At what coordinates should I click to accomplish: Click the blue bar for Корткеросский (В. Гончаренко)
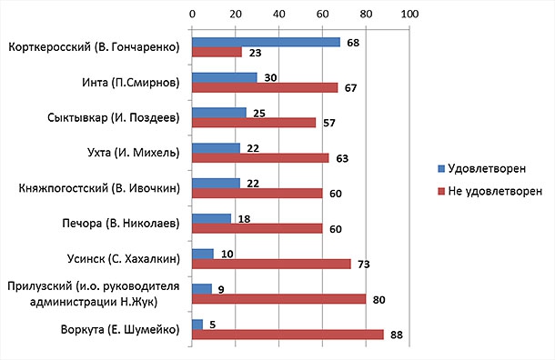click(267, 42)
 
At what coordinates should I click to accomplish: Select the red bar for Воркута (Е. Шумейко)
click(288, 335)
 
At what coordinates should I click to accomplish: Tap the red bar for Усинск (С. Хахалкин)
click(271, 264)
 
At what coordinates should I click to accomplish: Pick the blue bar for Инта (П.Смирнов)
click(225, 77)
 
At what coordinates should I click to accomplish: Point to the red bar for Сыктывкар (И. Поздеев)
click(254, 123)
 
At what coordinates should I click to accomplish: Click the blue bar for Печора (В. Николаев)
click(212, 218)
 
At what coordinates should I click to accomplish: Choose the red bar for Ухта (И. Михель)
click(260, 157)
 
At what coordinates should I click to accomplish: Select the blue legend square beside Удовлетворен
click(441, 169)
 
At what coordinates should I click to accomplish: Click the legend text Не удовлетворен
click(495, 191)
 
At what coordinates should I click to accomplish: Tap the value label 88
click(397, 335)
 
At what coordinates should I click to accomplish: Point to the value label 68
click(353, 43)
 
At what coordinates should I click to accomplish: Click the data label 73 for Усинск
click(364, 265)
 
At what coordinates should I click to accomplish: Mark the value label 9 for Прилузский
click(221, 290)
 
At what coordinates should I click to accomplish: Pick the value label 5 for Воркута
click(212, 325)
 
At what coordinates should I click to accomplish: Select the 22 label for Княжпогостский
click(253, 184)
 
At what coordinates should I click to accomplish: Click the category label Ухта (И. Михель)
click(134, 153)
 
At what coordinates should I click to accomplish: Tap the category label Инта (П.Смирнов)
click(131, 83)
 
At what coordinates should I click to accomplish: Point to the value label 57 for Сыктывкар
click(328, 123)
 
